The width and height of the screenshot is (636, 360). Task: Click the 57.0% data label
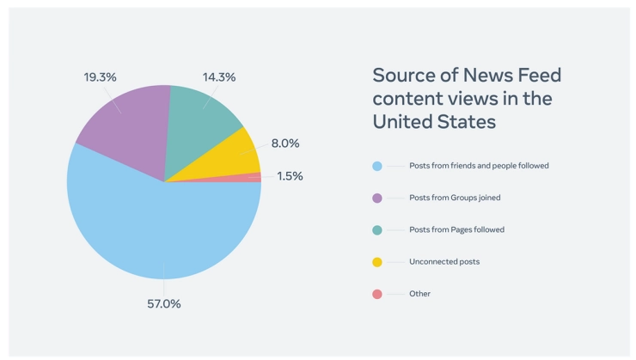(163, 303)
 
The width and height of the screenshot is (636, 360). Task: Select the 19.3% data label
(101, 76)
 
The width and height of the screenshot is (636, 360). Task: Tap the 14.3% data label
(219, 76)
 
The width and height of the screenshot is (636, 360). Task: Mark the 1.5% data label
(290, 176)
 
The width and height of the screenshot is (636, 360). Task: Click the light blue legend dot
(376, 166)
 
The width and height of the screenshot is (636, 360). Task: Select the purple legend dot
(376, 198)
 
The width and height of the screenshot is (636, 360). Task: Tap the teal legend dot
(376, 229)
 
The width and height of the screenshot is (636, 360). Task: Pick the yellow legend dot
(376, 262)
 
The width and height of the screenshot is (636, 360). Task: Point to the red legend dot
(376, 294)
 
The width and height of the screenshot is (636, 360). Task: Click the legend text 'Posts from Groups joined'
(456, 198)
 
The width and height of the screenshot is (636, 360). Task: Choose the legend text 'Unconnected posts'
(444, 262)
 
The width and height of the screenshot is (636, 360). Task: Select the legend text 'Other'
(420, 294)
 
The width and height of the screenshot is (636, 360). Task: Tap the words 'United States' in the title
(434, 122)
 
